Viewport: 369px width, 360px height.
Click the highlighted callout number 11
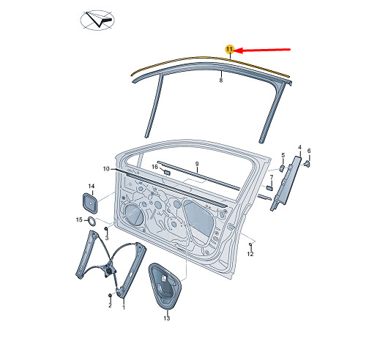click(229, 49)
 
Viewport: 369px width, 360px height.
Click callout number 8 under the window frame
click(221, 80)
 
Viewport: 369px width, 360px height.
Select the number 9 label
click(197, 164)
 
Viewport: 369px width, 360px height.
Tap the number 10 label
click(106, 169)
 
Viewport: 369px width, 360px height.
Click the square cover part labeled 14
click(90, 203)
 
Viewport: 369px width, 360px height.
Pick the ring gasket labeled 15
click(92, 222)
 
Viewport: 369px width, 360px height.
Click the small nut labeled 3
click(106, 229)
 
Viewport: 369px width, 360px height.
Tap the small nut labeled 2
click(110, 296)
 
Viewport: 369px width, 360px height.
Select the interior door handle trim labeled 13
click(165, 286)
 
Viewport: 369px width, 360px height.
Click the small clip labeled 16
click(168, 173)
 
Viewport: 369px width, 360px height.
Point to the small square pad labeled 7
click(269, 187)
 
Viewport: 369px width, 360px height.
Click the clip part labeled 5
click(282, 168)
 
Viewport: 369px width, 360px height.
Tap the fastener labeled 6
click(307, 164)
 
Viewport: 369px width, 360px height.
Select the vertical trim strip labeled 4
click(286, 183)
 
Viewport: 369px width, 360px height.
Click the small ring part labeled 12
click(250, 244)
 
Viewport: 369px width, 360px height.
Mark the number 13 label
click(167, 318)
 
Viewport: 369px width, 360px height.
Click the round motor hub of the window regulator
click(109, 271)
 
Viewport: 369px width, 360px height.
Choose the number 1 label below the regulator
click(124, 307)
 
